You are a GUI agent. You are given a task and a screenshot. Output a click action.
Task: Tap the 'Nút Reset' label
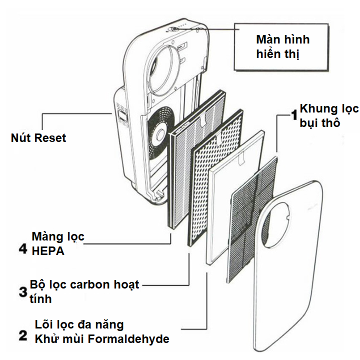pyautogui.click(x=38, y=137)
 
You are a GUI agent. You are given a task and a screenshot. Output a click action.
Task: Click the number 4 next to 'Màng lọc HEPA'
pyautogui.click(x=22, y=248)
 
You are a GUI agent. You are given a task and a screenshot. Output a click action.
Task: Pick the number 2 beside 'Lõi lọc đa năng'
pyautogui.click(x=22, y=335)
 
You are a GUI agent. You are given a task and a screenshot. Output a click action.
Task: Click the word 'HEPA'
pyautogui.click(x=48, y=251)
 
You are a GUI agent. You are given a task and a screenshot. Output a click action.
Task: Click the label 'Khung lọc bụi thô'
pyautogui.click(x=328, y=115)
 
